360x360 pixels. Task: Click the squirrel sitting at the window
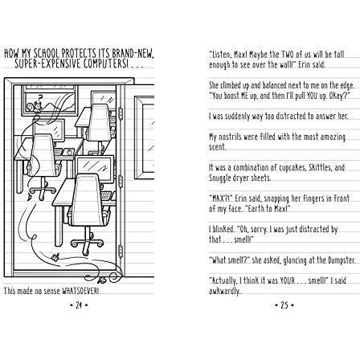tap(37, 106)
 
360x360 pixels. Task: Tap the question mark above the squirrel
tap(40, 97)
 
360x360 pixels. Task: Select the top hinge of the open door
tap(121, 113)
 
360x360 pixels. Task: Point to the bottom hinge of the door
tap(121, 251)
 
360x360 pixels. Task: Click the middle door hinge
tap(121, 182)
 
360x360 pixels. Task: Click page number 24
tap(79, 305)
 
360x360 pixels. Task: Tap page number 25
tap(284, 305)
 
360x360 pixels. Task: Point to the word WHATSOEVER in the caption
tap(80, 291)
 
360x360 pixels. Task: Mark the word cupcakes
tap(270, 168)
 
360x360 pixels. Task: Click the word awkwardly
tap(224, 292)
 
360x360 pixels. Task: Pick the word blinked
tap(223, 229)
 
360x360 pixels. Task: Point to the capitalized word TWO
tap(288, 55)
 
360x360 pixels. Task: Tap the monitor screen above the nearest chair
tap(94, 166)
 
